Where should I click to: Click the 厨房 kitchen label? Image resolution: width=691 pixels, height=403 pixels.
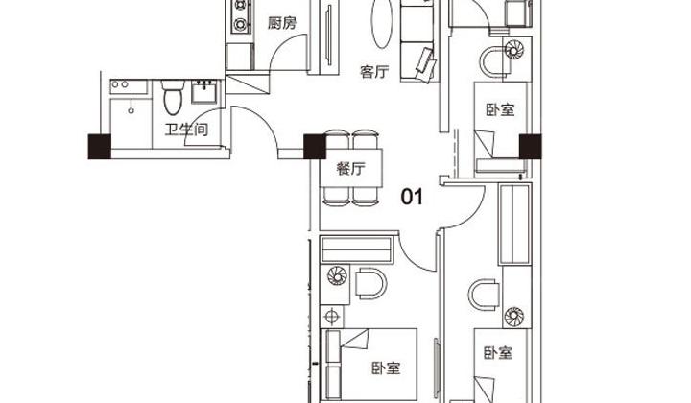(x=282, y=22)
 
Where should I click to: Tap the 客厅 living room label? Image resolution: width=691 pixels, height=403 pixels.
(x=374, y=71)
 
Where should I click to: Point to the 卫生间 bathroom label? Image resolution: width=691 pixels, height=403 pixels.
(x=186, y=130)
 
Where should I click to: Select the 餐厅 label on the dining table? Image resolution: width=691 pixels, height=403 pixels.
(x=351, y=168)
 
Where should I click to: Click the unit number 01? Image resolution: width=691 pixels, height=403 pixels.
(x=412, y=197)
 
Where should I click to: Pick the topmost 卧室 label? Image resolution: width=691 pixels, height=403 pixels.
(x=500, y=109)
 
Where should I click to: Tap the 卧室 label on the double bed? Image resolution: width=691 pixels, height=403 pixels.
(x=386, y=367)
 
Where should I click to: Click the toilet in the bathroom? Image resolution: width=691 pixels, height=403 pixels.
(x=172, y=97)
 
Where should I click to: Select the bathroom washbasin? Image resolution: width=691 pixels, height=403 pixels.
(x=204, y=91)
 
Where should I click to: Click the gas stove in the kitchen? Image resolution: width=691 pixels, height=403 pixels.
(x=241, y=16)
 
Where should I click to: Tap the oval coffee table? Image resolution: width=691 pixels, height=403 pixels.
(x=382, y=22)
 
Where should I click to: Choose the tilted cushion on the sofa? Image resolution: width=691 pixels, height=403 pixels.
(x=426, y=64)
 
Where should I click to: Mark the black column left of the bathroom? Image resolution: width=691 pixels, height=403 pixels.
(x=100, y=146)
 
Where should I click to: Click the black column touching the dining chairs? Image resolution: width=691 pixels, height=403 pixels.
(x=315, y=147)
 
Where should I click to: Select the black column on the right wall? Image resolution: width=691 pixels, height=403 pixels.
(x=530, y=147)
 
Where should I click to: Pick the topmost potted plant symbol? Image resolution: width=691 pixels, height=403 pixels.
(x=513, y=49)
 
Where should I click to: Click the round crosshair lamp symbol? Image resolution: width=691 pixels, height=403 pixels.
(x=331, y=317)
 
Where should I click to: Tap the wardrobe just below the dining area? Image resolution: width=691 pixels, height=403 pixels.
(x=356, y=249)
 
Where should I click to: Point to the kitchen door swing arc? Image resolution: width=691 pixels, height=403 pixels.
(x=282, y=44)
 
